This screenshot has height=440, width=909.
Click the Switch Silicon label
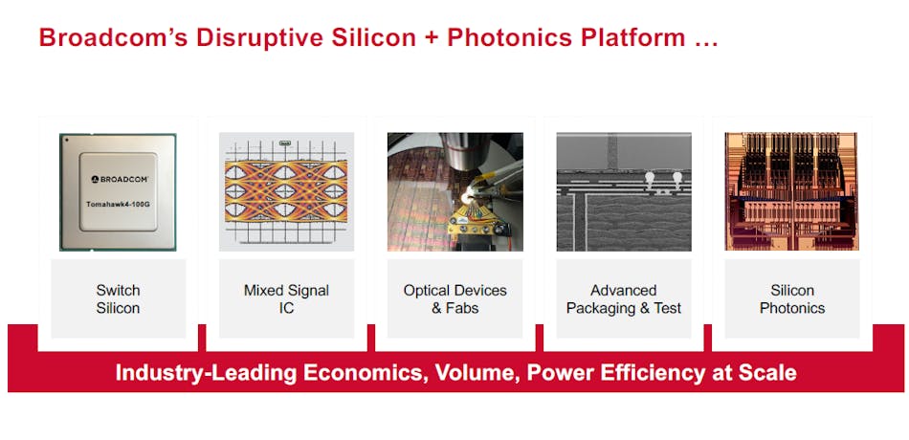pyautogui.click(x=118, y=298)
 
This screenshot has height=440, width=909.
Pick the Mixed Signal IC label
pyautogui.click(x=286, y=298)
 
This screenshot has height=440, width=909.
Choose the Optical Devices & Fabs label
pyautogui.click(x=454, y=298)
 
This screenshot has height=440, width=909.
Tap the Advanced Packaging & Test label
pyautogui.click(x=623, y=298)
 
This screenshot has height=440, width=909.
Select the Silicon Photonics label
pyautogui.click(x=792, y=298)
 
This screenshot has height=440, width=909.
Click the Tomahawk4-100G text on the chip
pyautogui.click(x=118, y=204)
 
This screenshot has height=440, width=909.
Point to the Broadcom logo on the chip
pyautogui.click(x=118, y=179)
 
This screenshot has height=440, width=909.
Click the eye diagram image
pyautogui.click(x=286, y=191)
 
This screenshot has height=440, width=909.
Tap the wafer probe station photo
pyautogui.click(x=454, y=191)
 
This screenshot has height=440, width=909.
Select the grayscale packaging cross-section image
pyautogui.click(x=623, y=191)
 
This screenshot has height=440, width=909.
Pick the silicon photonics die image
pyautogui.click(x=792, y=191)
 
